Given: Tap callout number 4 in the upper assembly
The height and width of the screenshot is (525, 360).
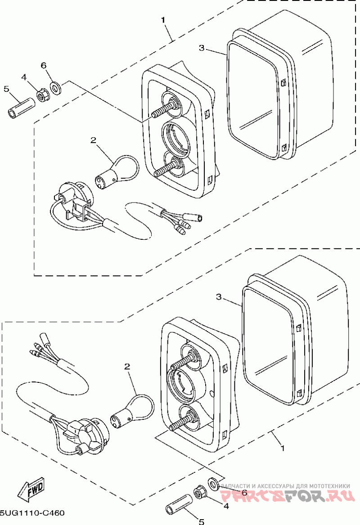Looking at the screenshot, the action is [24, 77].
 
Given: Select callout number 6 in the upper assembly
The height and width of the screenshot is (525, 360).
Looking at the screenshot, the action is [44, 65].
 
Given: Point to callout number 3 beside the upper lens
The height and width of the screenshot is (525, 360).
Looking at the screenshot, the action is [201, 48].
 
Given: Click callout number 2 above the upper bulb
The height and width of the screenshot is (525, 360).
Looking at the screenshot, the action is [93, 140].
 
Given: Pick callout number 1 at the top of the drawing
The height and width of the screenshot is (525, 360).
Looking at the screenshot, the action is [163, 20].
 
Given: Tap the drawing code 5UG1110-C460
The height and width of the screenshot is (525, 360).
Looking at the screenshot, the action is [32, 512].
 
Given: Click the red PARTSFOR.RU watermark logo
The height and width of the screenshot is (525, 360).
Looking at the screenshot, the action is [288, 496].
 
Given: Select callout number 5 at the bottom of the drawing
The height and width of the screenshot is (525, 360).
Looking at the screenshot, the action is [201, 521].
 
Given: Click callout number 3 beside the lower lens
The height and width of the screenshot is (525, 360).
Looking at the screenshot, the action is [219, 296].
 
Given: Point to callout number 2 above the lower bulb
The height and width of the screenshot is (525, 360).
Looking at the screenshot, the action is [127, 367].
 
